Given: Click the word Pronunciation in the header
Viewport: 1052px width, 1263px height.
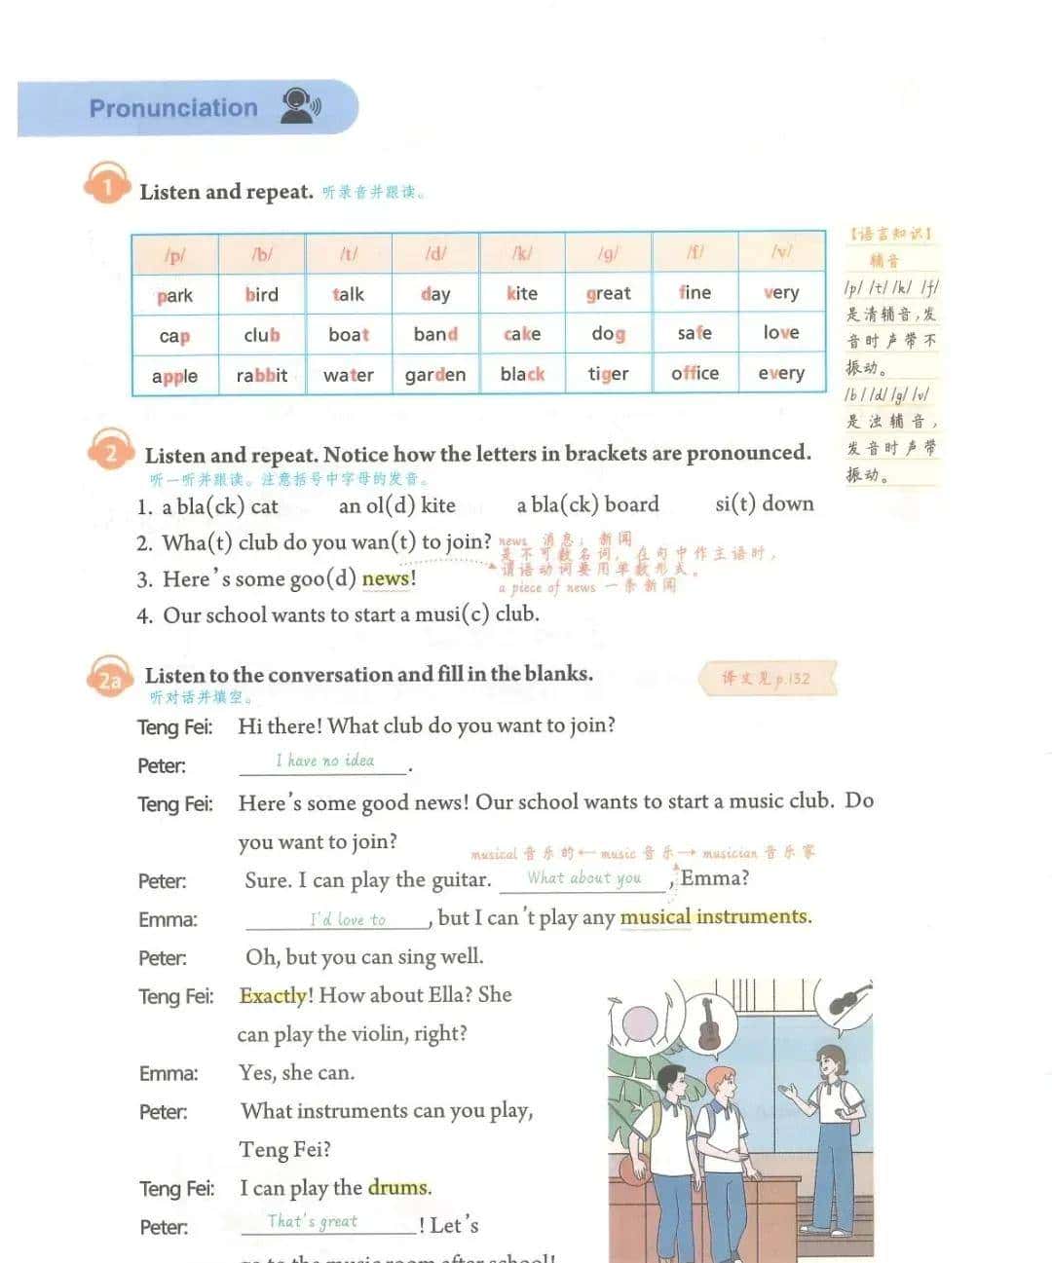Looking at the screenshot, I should coord(173,108).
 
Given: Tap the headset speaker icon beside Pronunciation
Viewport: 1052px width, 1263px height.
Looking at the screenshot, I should coord(300,106).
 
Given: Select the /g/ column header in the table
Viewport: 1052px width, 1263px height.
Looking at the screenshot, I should coord(608,253).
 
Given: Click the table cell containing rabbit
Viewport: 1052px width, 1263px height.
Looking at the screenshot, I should coord(262,375).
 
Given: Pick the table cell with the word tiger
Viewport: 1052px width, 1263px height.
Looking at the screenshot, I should coord(608,374).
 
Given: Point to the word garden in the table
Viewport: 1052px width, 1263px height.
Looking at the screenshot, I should coord(435,375).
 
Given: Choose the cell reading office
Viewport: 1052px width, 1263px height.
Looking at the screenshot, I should coord(695,373).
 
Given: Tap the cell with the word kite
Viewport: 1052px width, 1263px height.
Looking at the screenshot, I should coord(522,293).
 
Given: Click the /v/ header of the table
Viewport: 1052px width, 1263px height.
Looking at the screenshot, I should coord(781,252).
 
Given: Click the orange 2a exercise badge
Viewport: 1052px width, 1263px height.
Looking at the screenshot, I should coord(109,679).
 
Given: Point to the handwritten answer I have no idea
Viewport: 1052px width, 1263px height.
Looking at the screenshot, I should coord(324,761).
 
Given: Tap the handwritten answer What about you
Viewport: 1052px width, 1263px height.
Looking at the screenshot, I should coord(584,877).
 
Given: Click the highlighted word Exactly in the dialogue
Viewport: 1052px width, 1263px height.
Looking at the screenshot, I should coord(274,995).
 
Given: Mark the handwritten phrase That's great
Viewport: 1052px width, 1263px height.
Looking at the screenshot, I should coord(313,1221).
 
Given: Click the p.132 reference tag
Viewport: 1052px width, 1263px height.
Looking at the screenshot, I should coord(767,679).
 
